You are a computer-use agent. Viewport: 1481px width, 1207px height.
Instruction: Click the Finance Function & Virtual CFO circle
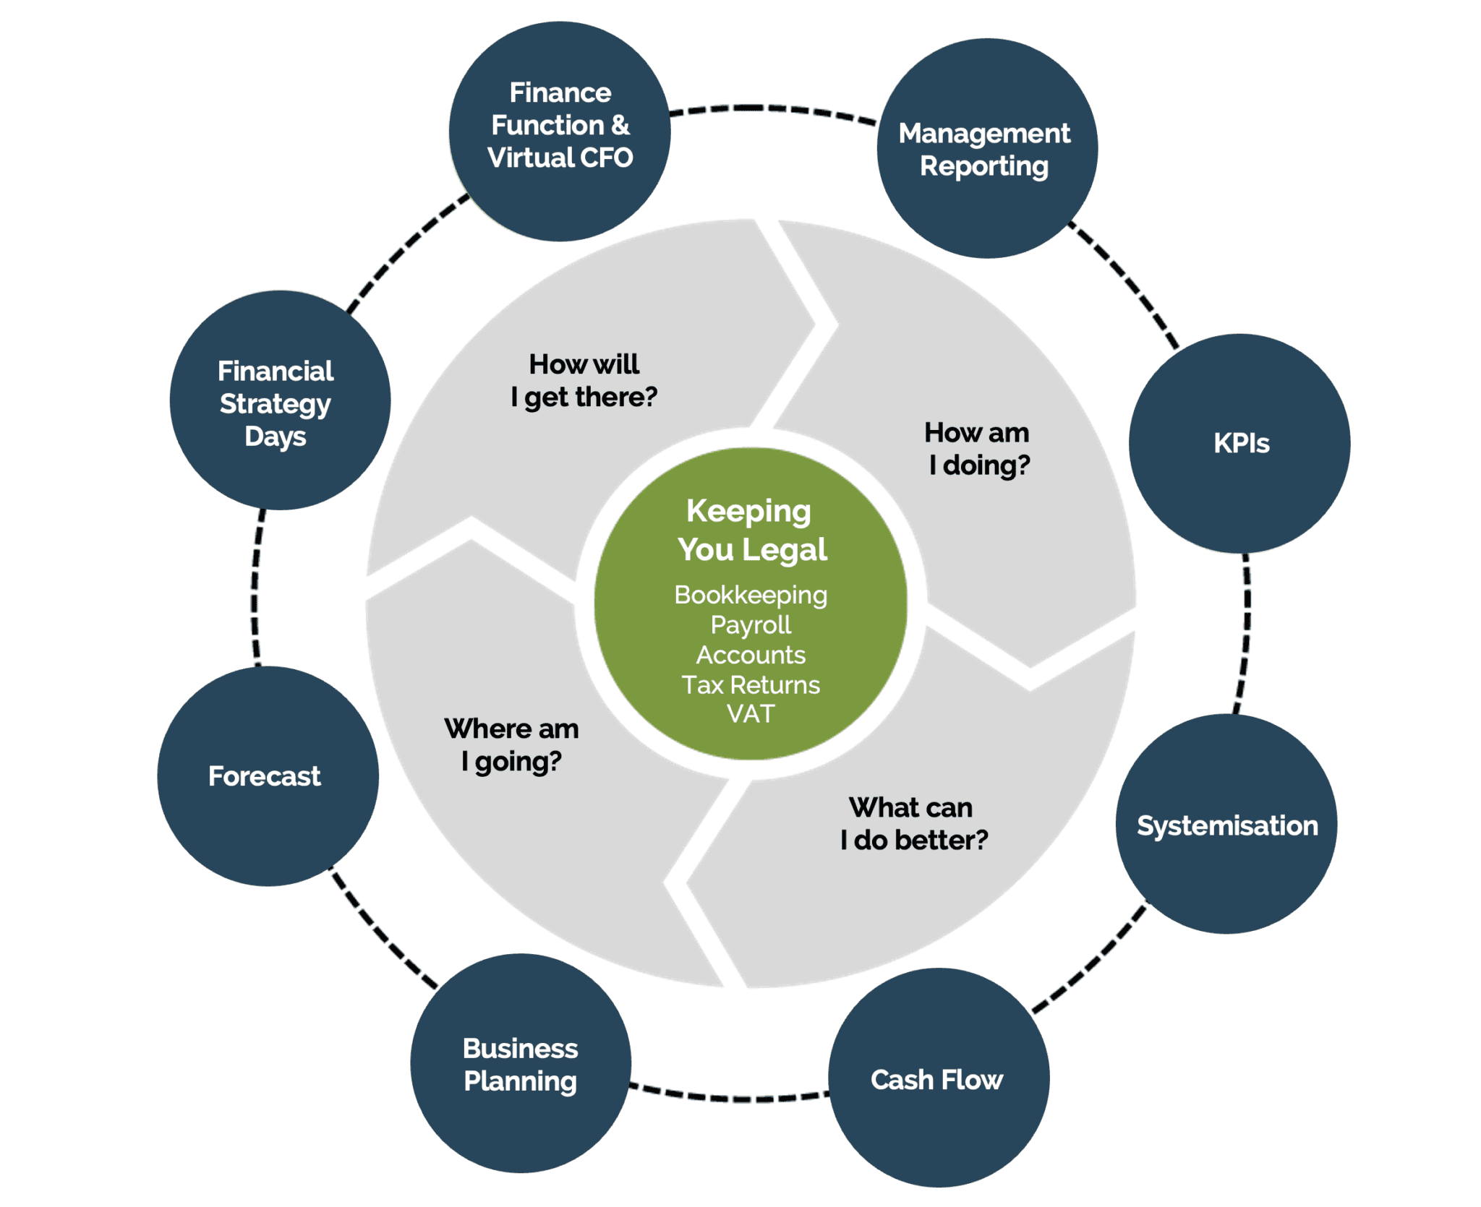coord(560,131)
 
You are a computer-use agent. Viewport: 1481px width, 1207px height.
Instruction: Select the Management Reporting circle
coord(986,148)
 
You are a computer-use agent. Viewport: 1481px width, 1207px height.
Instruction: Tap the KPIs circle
coord(1239,443)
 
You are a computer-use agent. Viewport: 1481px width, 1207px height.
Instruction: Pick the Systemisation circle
coord(1226,825)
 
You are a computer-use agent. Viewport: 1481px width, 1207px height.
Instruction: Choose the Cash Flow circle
coord(938,1078)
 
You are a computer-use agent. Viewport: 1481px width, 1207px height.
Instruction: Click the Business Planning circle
coord(521,1063)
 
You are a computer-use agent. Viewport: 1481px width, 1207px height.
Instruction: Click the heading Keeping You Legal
coord(751,530)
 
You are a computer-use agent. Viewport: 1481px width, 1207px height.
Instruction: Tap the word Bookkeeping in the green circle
coord(751,595)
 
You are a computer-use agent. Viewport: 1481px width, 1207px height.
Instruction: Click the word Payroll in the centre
coord(751,624)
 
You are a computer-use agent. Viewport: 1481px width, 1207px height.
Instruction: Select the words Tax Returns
coord(751,684)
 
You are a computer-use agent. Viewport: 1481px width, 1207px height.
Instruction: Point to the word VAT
coord(751,714)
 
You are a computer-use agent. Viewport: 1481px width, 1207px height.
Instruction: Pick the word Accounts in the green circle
coord(751,655)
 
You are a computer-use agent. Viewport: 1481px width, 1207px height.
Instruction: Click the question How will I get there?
coord(584,380)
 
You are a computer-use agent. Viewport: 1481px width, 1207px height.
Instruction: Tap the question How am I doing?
coord(978,448)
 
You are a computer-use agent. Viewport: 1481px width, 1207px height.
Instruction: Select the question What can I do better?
coord(913,823)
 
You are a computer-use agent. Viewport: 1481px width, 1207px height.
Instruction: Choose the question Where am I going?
coord(512,744)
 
